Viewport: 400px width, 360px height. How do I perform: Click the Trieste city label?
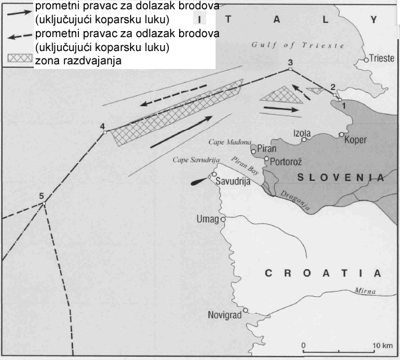(x=381, y=58)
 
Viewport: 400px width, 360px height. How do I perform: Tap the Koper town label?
(x=355, y=140)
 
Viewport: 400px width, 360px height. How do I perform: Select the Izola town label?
(x=303, y=133)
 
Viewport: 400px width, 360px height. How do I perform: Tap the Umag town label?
(x=208, y=219)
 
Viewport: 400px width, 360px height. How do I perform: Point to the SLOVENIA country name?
(x=340, y=178)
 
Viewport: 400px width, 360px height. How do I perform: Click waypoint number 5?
(x=41, y=196)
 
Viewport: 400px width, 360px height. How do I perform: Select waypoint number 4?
(x=101, y=126)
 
